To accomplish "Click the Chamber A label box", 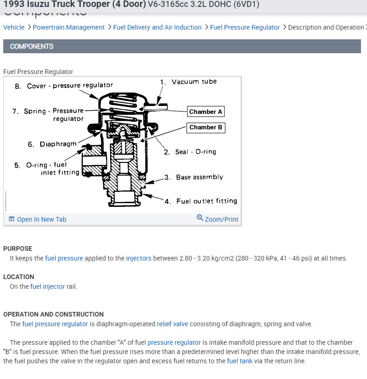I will click(206, 112).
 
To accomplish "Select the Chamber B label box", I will click(206, 127).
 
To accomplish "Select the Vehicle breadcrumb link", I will click(14, 27).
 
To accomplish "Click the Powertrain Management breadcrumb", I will click(68, 27).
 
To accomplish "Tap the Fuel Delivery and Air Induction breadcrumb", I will click(157, 27).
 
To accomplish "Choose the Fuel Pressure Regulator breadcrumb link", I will click(245, 27).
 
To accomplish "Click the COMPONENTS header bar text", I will click(31, 46).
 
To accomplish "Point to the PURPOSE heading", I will click(18, 249).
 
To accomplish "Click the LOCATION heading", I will click(19, 277).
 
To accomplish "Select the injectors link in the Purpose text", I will click(138, 258).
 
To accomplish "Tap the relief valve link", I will click(172, 324).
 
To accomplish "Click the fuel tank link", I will click(240, 361).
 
